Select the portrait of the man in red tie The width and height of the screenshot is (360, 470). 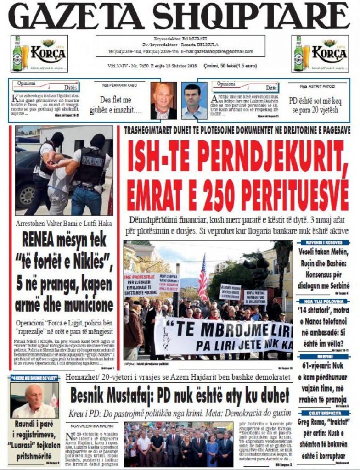163,101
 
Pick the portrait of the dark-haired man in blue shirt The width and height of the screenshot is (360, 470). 194,101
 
